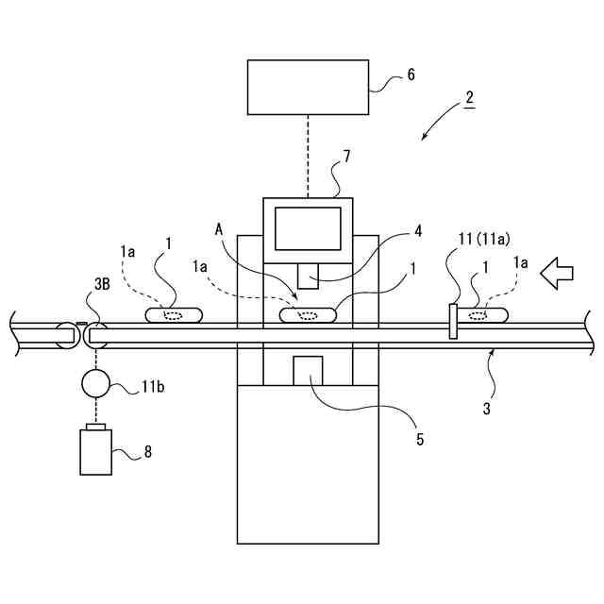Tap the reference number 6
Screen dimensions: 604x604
pyautogui.click(x=411, y=74)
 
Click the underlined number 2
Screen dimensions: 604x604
pyautogui.click(x=470, y=98)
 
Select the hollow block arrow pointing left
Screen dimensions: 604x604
pyautogui.click(x=558, y=274)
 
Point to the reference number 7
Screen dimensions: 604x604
pyautogui.click(x=346, y=157)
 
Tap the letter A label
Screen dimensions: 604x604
pyautogui.click(x=219, y=228)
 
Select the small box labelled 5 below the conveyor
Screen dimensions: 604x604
pyautogui.click(x=309, y=370)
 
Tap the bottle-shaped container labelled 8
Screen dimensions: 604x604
pyautogui.click(x=95, y=452)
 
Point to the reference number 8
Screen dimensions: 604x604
pyautogui.click(x=147, y=452)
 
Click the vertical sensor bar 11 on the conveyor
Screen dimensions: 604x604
pyautogui.click(x=453, y=321)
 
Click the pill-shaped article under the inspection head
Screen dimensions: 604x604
pyautogui.click(x=308, y=314)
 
